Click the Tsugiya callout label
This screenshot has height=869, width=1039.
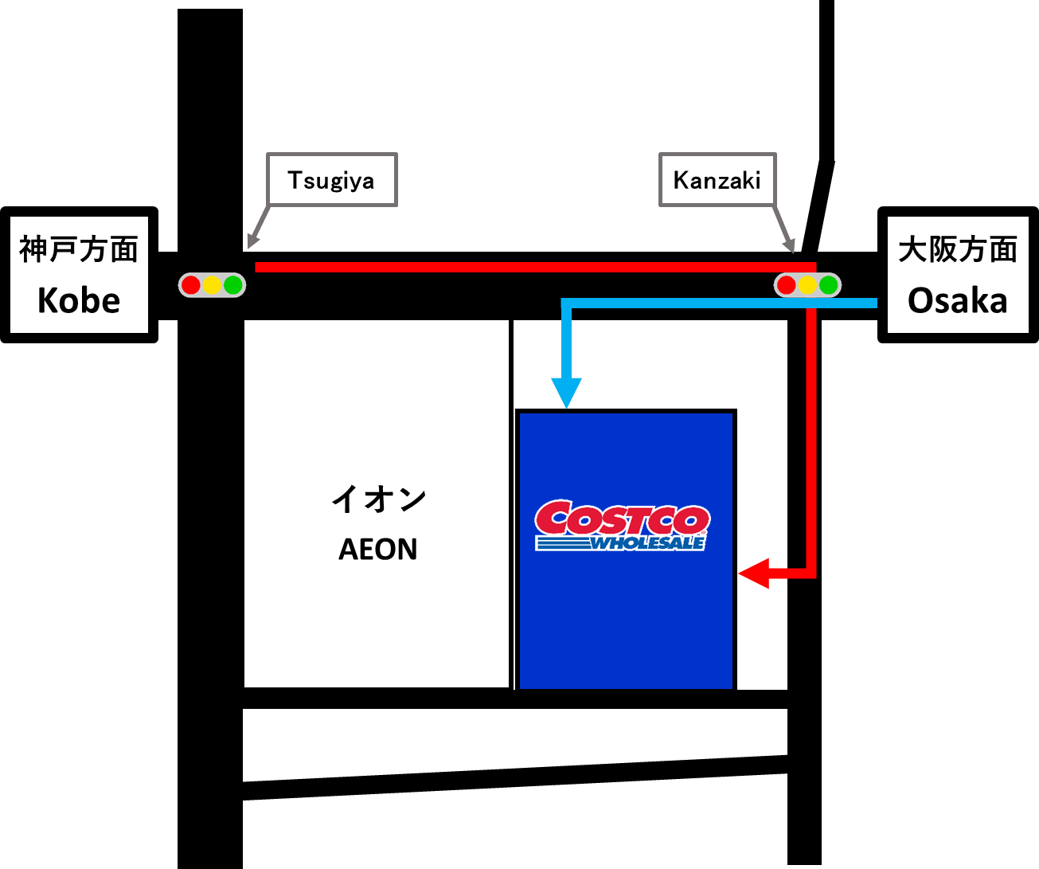click(x=331, y=180)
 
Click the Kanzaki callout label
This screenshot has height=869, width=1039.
click(x=717, y=180)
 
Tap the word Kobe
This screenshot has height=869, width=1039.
click(x=79, y=301)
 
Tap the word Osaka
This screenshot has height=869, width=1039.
click(x=957, y=301)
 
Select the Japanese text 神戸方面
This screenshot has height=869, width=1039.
click(x=79, y=249)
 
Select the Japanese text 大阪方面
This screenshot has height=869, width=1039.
click(x=958, y=249)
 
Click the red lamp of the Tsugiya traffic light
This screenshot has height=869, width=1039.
click(x=190, y=285)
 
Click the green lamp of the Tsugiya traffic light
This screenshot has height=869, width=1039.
click(x=232, y=285)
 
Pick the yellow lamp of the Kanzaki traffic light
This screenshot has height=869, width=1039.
click(x=807, y=285)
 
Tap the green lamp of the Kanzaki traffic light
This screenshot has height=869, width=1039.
click(x=829, y=285)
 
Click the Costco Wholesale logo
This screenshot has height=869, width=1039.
click(x=623, y=526)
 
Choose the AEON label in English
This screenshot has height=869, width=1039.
click(x=377, y=550)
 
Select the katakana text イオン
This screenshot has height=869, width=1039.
click(x=379, y=499)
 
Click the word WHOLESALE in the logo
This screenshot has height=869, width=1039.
click(x=647, y=542)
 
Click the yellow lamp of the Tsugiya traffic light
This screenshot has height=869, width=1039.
click(x=212, y=285)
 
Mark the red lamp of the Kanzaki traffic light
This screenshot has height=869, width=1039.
click(x=787, y=285)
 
